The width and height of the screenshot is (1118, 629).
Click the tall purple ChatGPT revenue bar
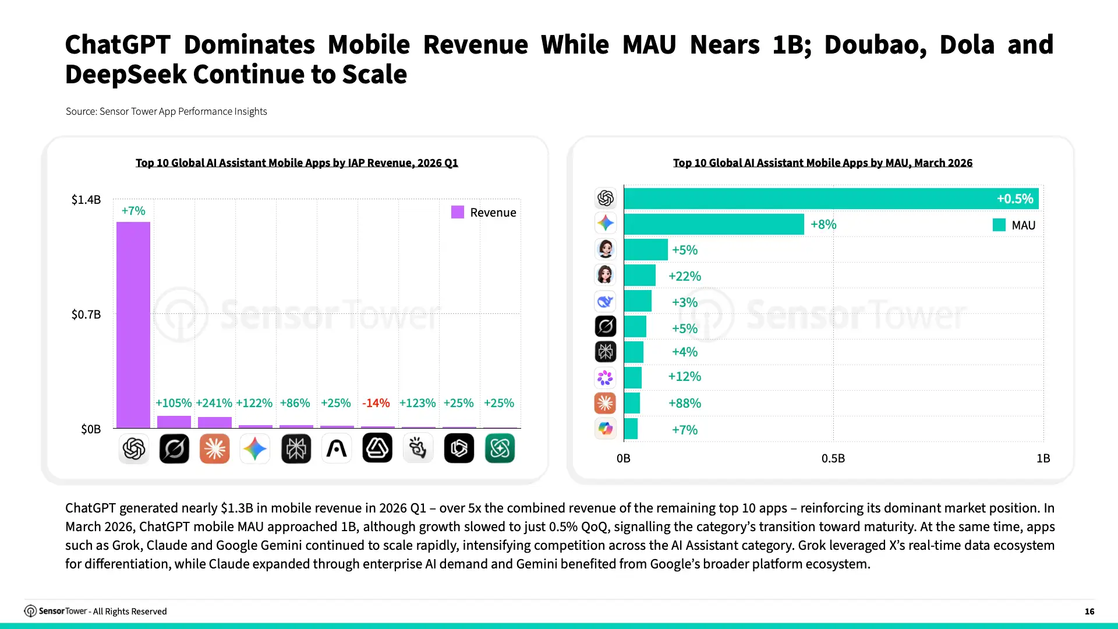[x=133, y=325]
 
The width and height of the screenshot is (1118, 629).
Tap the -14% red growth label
[x=376, y=403]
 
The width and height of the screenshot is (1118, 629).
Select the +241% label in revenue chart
[x=214, y=403]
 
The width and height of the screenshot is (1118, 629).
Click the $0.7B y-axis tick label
[x=86, y=314]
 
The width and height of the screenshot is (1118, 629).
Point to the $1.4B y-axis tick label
[x=86, y=200]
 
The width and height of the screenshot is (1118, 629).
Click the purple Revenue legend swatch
[x=458, y=212]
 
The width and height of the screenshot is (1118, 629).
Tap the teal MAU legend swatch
[x=999, y=225]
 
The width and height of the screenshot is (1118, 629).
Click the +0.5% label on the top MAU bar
[x=1015, y=199]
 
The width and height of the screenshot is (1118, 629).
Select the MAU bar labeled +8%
[x=714, y=224]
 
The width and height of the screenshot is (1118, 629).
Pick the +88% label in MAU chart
[x=685, y=403]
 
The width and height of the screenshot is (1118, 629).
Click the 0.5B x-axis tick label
[x=833, y=458]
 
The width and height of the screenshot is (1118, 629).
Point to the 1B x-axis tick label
[x=1043, y=458]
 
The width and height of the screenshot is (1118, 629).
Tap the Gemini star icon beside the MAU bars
[x=606, y=223]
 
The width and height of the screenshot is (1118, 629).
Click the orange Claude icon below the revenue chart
[x=214, y=448]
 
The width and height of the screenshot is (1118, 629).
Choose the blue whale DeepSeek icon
[x=606, y=301]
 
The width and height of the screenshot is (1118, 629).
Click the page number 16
[x=1089, y=612]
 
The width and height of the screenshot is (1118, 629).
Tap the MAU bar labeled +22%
[x=640, y=275]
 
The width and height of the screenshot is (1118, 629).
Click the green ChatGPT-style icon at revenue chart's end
[x=500, y=448]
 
